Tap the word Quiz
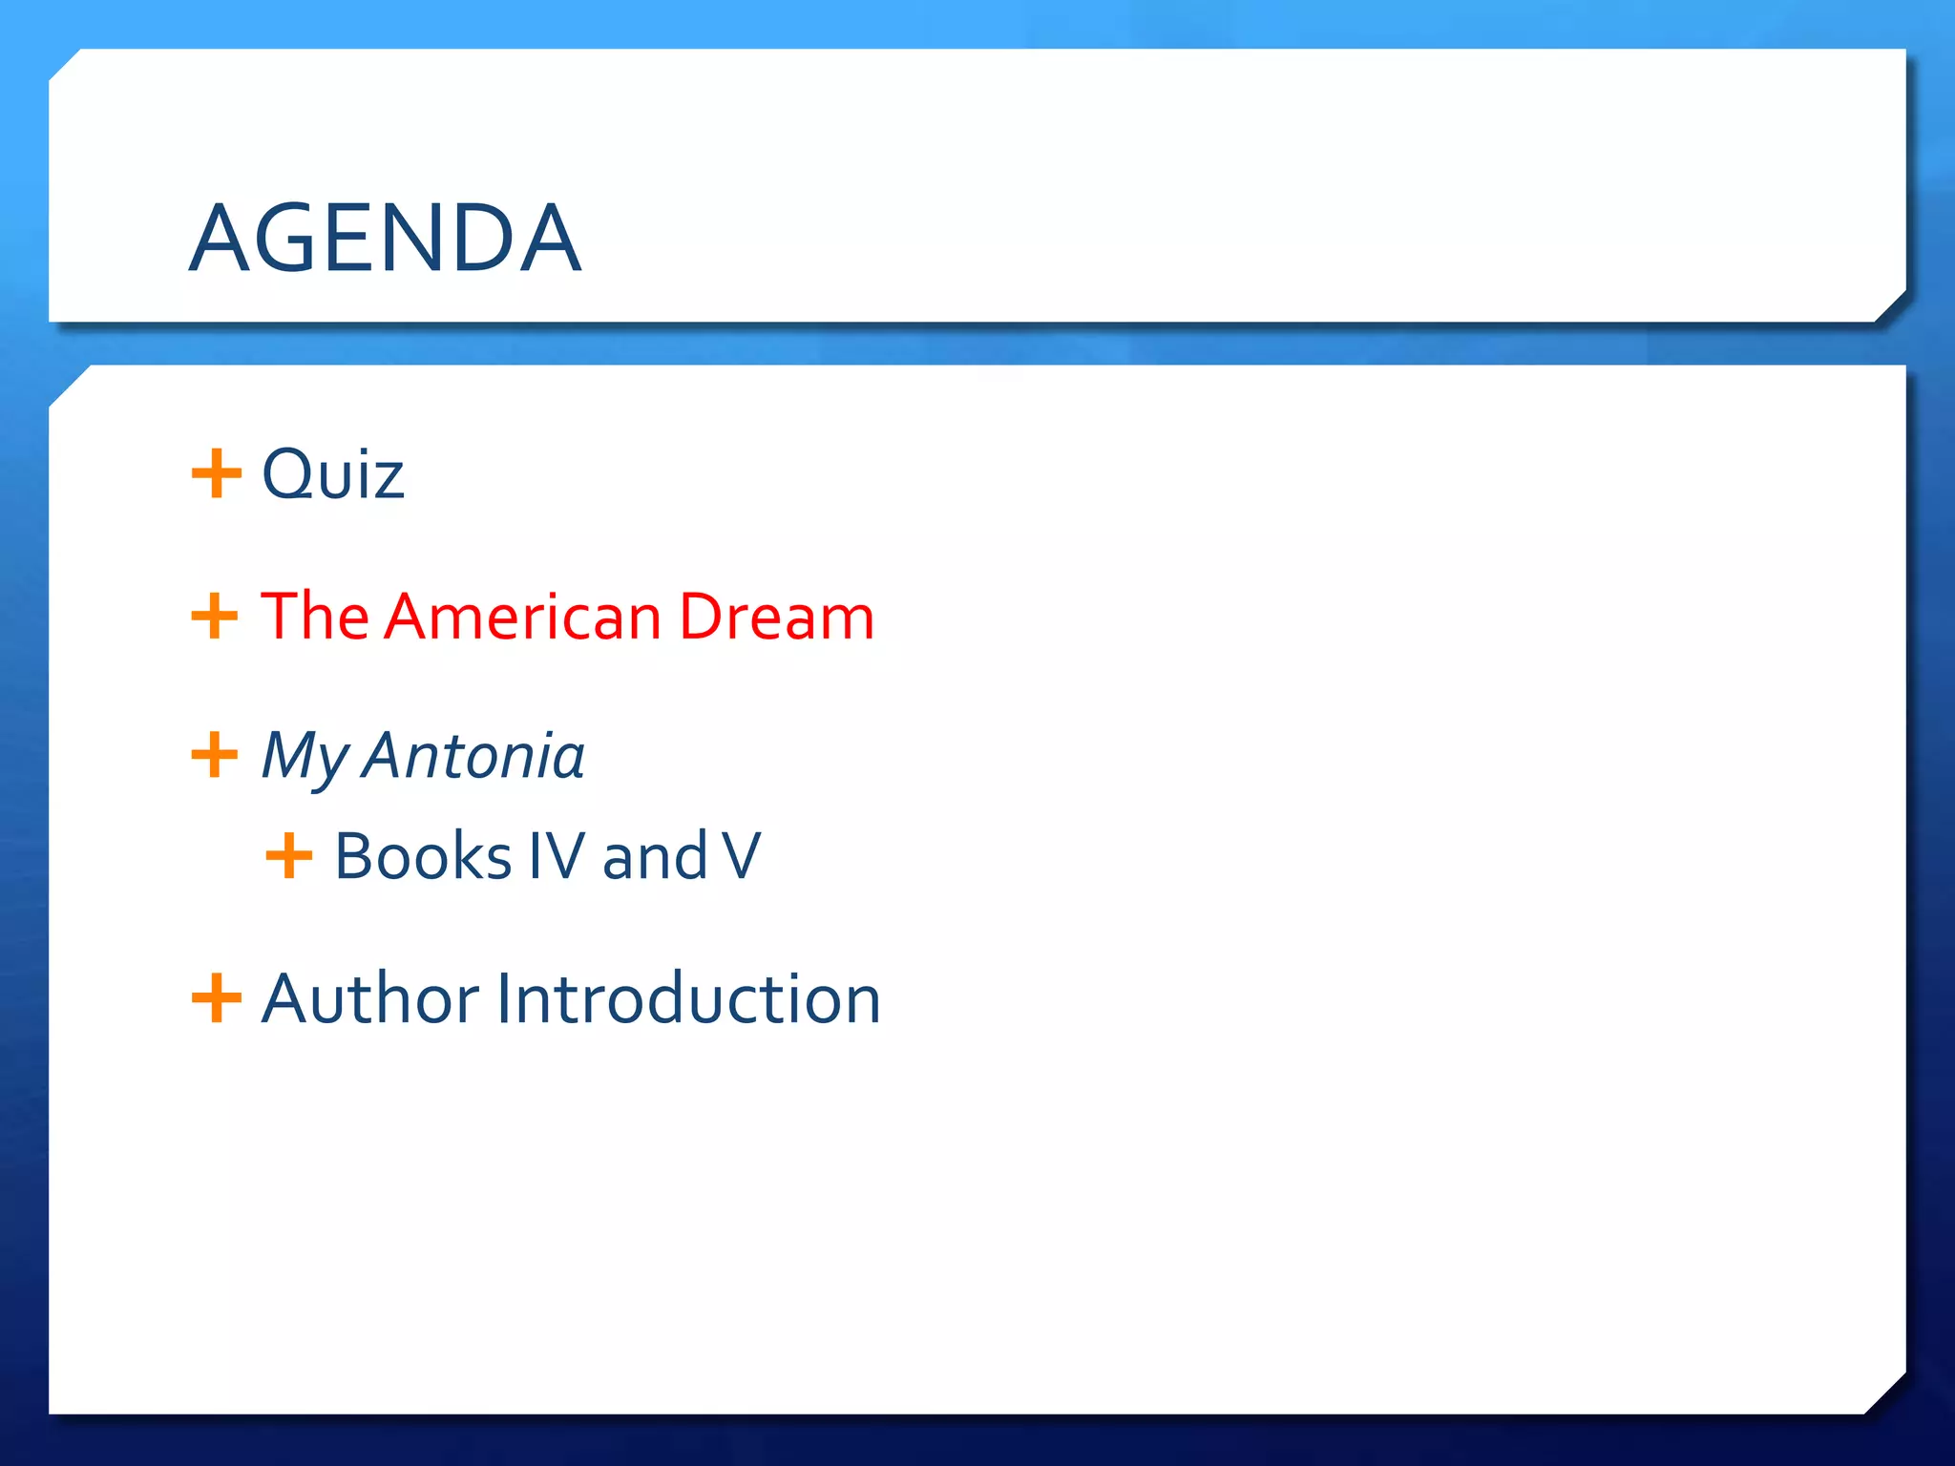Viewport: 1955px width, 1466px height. tap(332, 474)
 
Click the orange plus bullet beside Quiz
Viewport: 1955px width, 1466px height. tap(216, 473)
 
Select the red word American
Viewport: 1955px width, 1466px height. tap(524, 617)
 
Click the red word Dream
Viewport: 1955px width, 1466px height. tap(776, 617)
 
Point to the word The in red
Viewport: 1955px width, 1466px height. tap(314, 617)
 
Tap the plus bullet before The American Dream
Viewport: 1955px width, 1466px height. tap(215, 617)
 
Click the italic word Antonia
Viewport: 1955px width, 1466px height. tap(474, 756)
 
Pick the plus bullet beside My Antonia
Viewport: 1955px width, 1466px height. tap(215, 756)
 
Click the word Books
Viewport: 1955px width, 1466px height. tap(423, 856)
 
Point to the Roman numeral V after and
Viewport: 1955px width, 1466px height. tap(742, 856)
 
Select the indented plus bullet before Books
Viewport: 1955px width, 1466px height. tap(288, 855)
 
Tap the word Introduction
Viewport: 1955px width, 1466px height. tap(687, 999)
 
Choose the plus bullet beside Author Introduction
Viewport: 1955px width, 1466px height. tap(216, 998)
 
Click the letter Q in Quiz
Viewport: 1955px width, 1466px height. tap(287, 474)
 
